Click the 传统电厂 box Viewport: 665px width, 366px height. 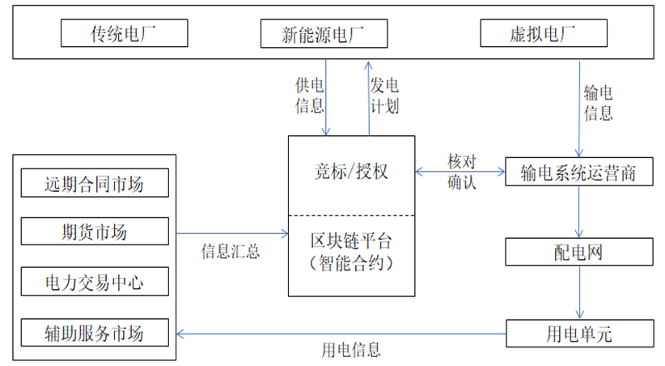(x=125, y=33)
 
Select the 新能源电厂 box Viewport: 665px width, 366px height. (x=324, y=33)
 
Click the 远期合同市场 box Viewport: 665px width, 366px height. (x=95, y=184)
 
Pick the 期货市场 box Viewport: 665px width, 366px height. (x=95, y=232)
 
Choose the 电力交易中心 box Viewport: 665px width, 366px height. (x=95, y=282)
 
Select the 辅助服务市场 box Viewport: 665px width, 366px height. (x=95, y=332)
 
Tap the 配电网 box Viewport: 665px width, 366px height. (x=579, y=253)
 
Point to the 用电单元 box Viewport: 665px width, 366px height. (x=579, y=332)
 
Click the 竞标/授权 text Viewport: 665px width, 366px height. (x=351, y=172)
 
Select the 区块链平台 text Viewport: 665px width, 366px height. (x=351, y=240)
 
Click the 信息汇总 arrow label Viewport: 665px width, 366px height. (x=230, y=251)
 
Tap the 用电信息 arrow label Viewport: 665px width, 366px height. (x=351, y=350)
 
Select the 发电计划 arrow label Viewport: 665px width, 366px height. (x=384, y=95)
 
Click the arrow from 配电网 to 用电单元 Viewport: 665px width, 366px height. (x=579, y=292)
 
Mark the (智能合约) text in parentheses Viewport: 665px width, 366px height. (x=351, y=262)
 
